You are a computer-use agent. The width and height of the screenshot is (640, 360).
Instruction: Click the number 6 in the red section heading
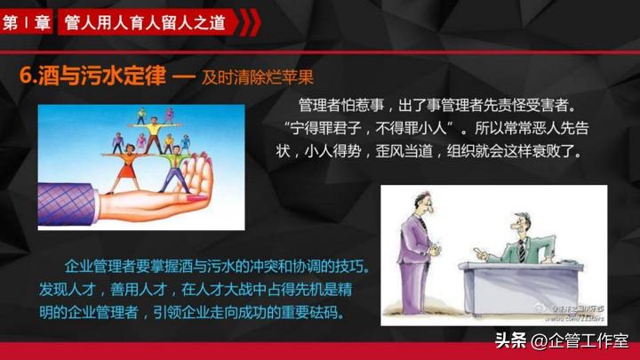click(x=25, y=77)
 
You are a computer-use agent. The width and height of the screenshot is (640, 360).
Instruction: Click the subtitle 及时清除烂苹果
click(x=258, y=78)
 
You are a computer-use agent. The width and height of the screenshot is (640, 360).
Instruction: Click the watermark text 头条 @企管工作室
click(x=561, y=340)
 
